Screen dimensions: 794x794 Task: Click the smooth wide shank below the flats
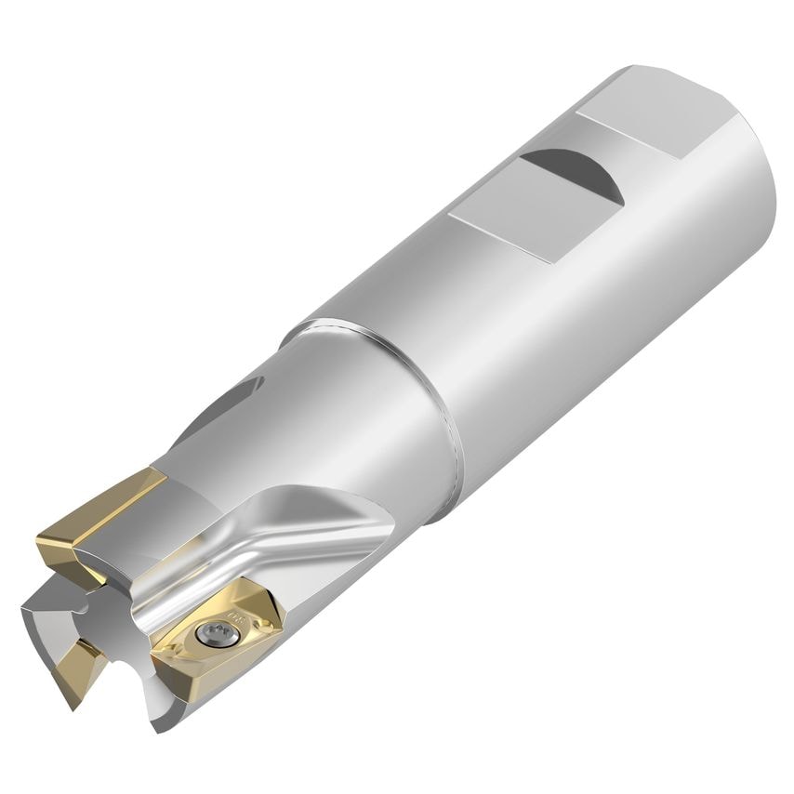[x=595, y=307]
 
